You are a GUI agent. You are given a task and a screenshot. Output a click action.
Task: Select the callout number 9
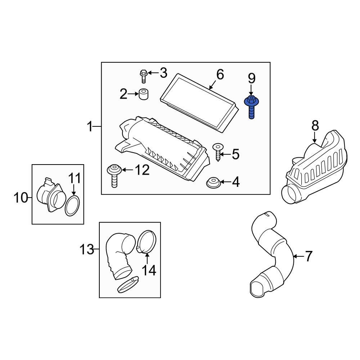[x=251, y=78]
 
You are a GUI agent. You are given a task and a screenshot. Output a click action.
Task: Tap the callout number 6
[x=220, y=75]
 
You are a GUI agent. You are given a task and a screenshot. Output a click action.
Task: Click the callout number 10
[x=21, y=197]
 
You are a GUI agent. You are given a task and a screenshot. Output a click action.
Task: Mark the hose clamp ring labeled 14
[x=147, y=242]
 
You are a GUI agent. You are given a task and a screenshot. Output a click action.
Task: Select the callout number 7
[x=309, y=256]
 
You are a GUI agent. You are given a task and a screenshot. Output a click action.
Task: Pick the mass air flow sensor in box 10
[x=51, y=194]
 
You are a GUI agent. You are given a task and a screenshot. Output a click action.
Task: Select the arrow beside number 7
[x=297, y=256]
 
